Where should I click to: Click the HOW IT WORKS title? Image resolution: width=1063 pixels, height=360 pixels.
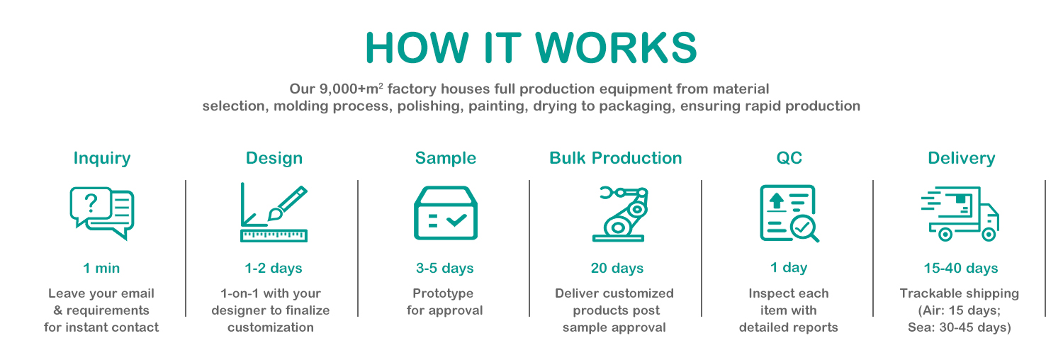[531, 47]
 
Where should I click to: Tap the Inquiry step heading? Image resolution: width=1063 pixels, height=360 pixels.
[102, 158]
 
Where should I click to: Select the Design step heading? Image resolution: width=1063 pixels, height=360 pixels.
[274, 158]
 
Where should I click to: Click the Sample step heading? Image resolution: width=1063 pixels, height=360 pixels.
[445, 158]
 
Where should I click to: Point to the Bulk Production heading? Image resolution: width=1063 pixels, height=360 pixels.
[615, 158]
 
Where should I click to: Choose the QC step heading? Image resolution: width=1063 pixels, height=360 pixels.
[789, 158]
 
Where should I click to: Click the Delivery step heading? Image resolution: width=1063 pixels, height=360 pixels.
[961, 158]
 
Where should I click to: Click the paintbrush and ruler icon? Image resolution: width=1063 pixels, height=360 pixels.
[274, 213]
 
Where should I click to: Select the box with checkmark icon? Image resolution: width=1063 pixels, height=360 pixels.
[445, 213]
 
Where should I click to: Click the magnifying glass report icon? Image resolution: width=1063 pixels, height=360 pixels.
[789, 213]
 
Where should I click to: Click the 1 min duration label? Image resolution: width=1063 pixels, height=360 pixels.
[101, 269]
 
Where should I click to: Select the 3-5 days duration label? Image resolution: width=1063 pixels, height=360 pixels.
[444, 269]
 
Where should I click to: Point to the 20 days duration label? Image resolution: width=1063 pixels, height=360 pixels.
[617, 269]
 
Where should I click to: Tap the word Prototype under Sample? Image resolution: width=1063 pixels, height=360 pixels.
[443, 293]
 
